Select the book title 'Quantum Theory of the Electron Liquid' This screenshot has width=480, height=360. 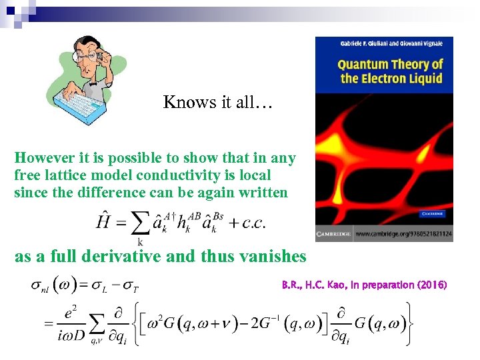click(390, 71)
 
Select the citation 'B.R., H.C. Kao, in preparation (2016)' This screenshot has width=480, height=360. click(364, 285)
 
